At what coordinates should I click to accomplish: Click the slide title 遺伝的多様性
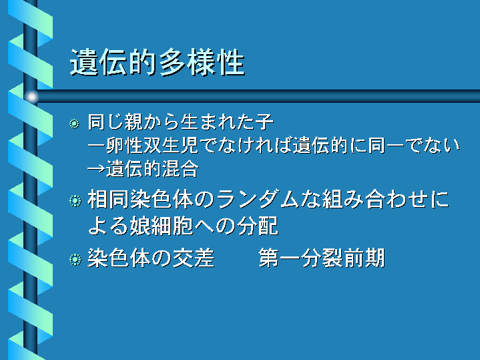point(158,63)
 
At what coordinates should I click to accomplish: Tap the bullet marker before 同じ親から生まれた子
point(74,124)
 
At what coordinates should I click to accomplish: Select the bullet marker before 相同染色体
point(75,201)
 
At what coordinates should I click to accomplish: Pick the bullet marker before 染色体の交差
point(75,260)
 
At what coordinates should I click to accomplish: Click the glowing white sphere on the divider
point(31,97)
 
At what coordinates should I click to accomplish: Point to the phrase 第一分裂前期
point(321,258)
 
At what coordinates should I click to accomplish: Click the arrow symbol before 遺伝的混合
point(96,169)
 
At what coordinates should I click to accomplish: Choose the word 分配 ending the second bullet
point(258,226)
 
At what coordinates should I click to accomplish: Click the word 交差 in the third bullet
point(194,258)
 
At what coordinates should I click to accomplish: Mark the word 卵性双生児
point(152,145)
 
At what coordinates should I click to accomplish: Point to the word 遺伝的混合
point(152,169)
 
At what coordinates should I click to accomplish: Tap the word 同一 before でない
point(386,145)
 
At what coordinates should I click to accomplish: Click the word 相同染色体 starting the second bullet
point(140,200)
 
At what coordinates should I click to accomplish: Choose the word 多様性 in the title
point(202,63)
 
